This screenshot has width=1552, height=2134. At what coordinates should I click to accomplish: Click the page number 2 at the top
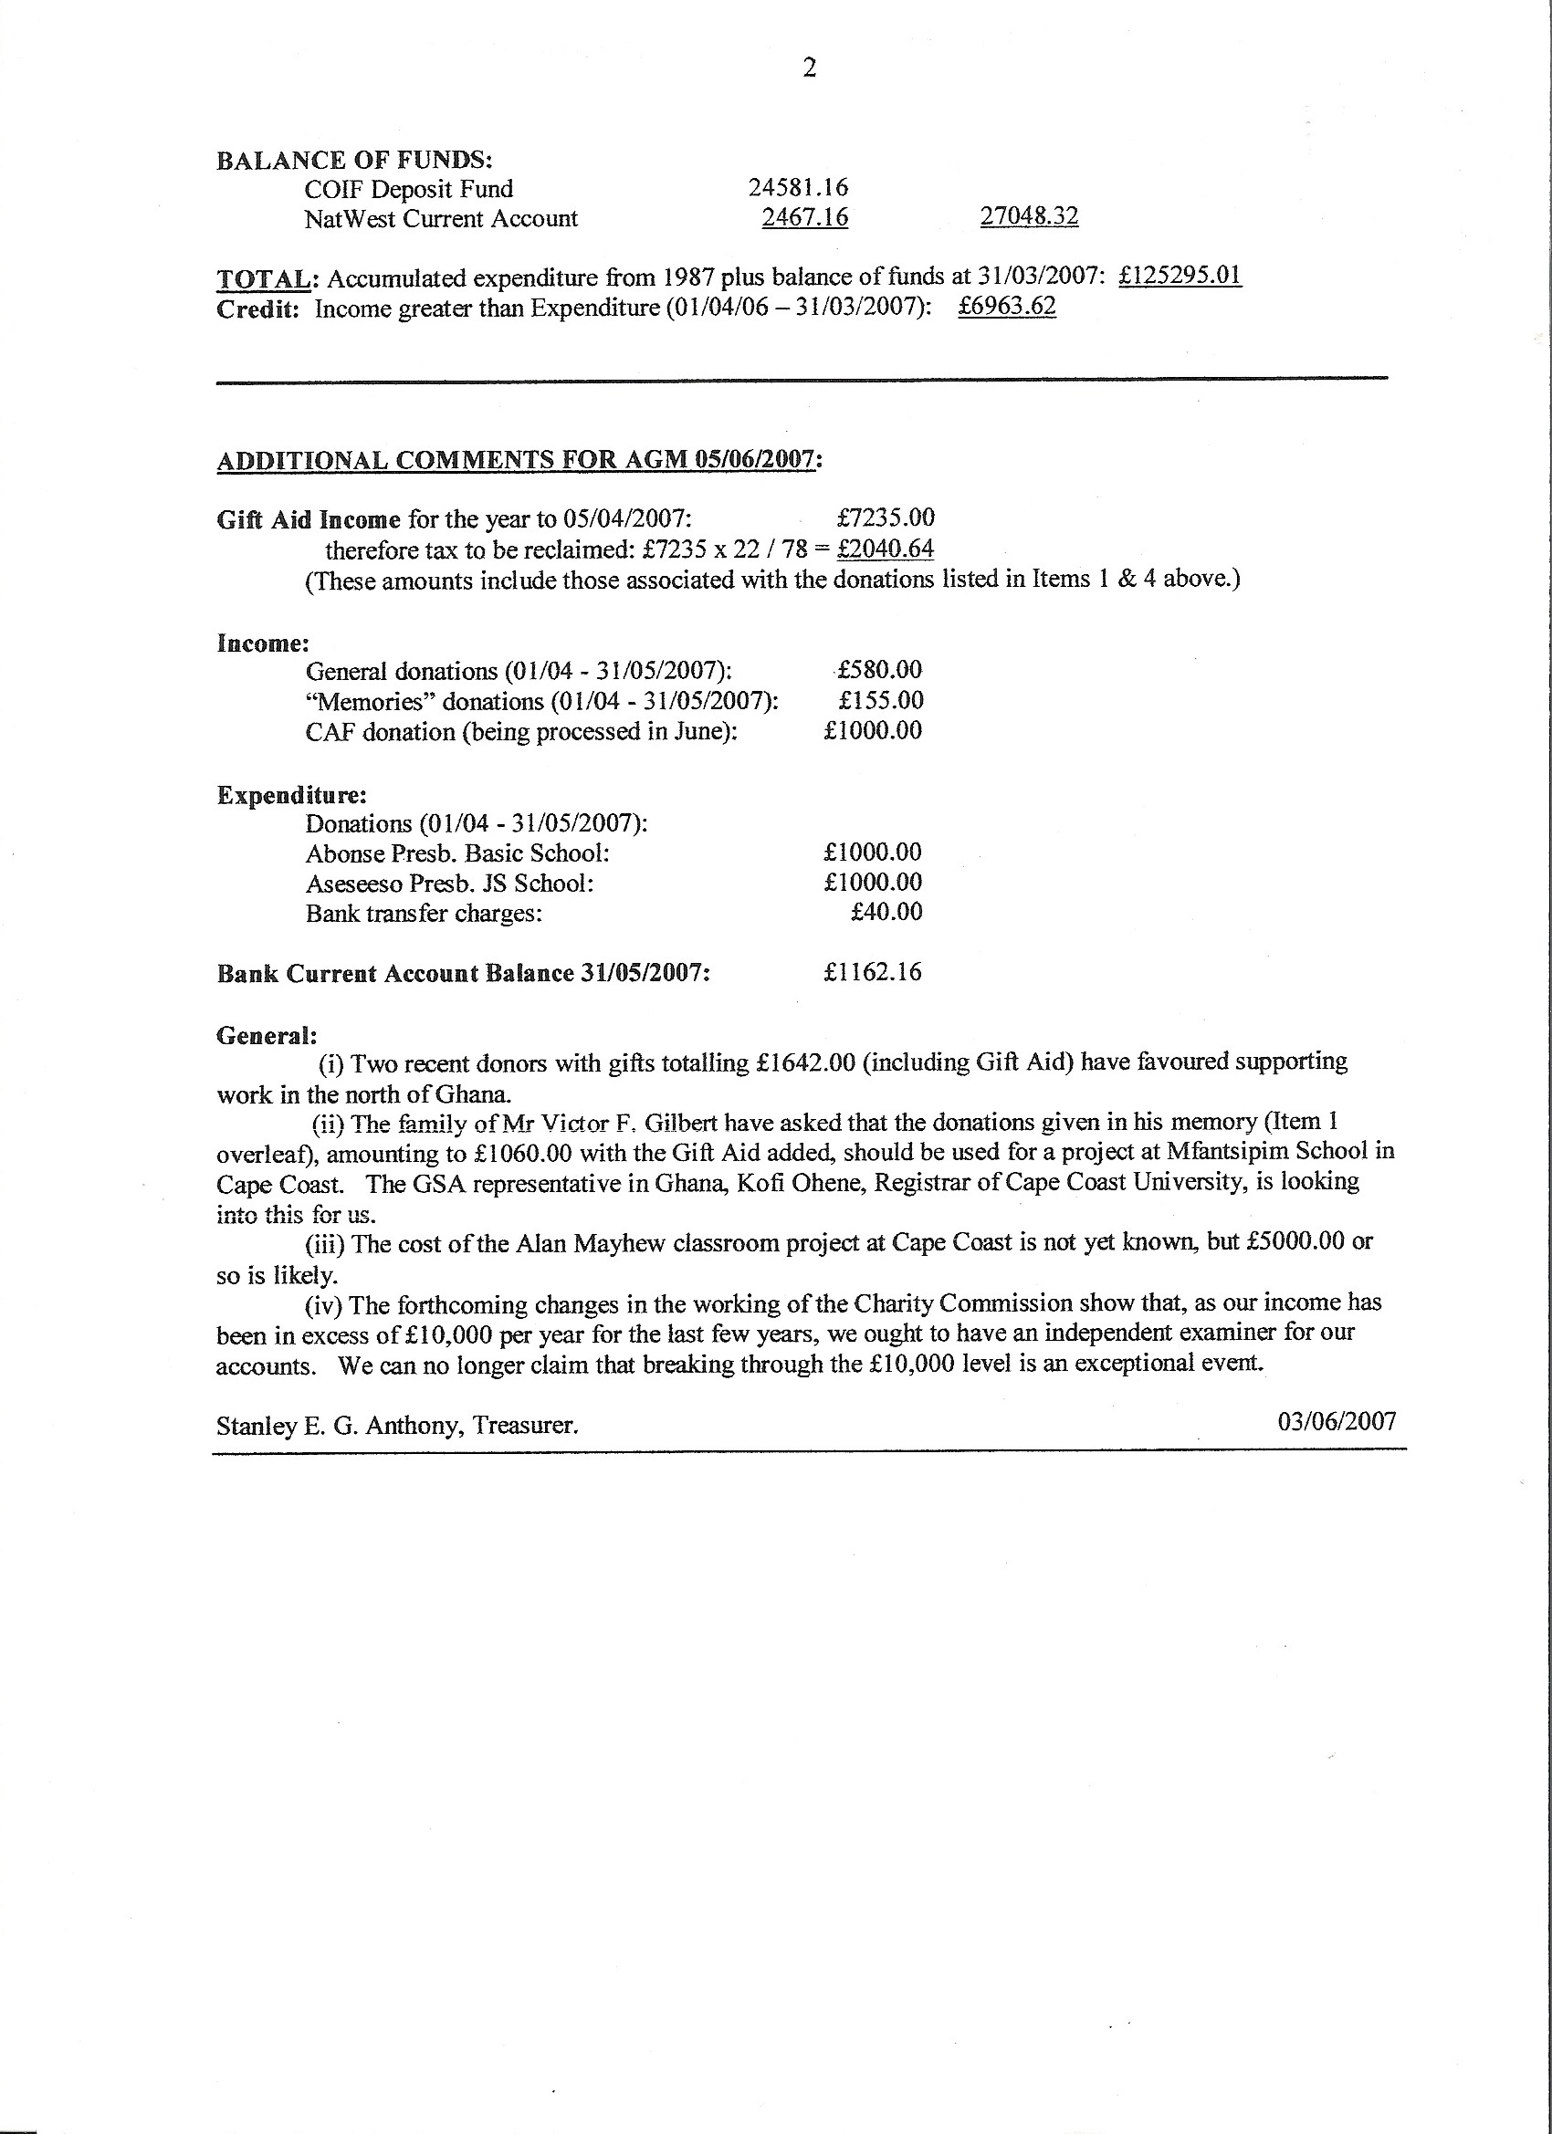pos(809,68)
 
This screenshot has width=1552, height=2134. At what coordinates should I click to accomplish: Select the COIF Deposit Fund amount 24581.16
pos(798,188)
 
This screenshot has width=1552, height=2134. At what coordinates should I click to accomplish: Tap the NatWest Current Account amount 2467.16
pos(804,218)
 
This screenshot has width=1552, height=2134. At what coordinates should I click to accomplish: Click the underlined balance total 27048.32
pos(1029,217)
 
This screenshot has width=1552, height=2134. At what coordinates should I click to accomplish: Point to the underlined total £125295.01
pos(1180,277)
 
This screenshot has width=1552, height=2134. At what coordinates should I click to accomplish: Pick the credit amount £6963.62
pos(1006,307)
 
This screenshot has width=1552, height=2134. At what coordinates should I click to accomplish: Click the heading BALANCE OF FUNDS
pos(355,160)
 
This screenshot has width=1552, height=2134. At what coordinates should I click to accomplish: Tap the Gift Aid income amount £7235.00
pos(885,518)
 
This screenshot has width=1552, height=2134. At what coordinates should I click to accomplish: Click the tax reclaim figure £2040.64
pos(885,549)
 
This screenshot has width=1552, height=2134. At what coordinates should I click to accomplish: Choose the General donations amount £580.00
pos(879,670)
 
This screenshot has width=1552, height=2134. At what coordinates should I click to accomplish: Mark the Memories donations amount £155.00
pos(881,700)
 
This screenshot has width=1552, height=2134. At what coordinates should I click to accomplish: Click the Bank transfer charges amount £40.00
pos(886,912)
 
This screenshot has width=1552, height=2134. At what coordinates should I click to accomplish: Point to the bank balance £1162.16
pos(873,972)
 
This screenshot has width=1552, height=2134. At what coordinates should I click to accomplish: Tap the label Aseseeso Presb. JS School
pos(449,884)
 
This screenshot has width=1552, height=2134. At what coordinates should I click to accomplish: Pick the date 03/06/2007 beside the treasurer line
pos(1337,1421)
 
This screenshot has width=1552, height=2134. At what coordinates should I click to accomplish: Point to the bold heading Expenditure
pos(292,795)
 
